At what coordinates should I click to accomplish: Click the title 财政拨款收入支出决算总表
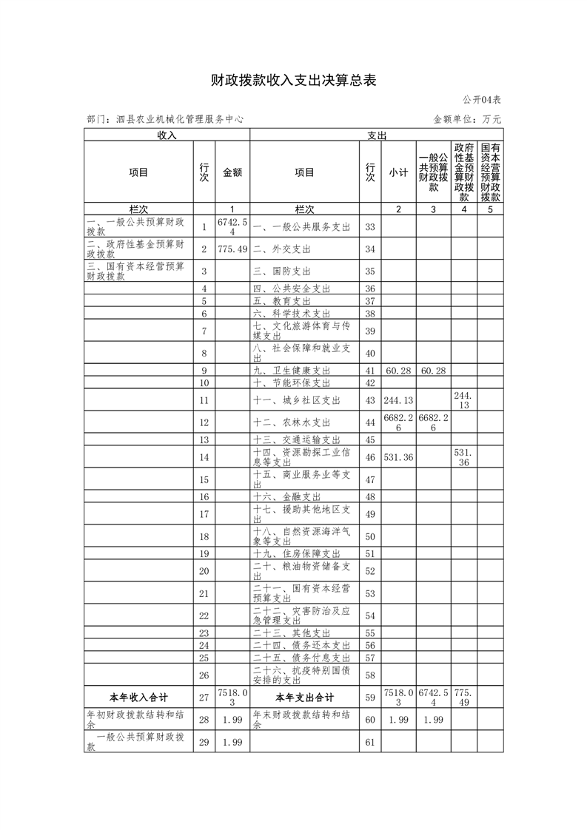[x=293, y=80]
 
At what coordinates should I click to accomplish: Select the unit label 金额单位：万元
[x=467, y=118]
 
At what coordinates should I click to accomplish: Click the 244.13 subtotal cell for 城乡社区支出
[x=398, y=400]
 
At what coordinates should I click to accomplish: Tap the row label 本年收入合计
[x=138, y=698]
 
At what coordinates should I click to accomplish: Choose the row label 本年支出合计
[x=304, y=698]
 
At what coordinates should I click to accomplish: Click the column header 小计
[x=398, y=172]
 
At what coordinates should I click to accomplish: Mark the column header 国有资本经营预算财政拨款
[x=490, y=172]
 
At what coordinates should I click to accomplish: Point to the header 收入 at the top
[x=167, y=135]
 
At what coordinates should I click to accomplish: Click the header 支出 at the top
[x=377, y=135]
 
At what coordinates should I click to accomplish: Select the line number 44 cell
[x=370, y=422]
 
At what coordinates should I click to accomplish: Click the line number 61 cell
[x=370, y=742]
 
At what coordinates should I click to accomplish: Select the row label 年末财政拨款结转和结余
[x=303, y=720]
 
